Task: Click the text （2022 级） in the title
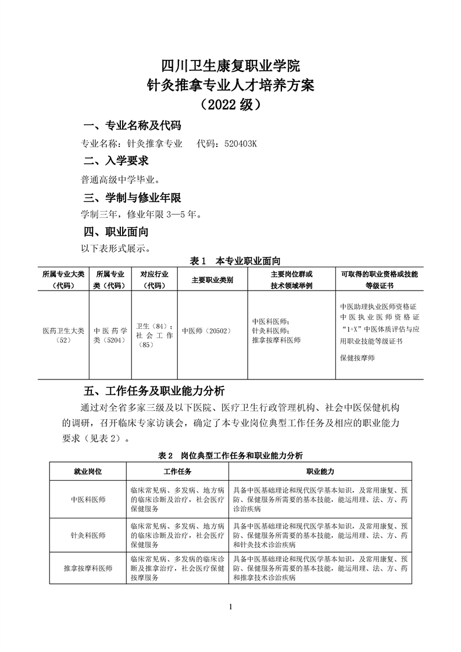coord(231,105)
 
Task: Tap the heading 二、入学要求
coord(116,160)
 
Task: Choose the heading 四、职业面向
coord(116,232)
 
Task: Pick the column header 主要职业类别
coord(212,280)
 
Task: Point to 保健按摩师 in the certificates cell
coord(358,357)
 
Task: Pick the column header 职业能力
coord(320,471)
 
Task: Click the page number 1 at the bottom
coord(231,608)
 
